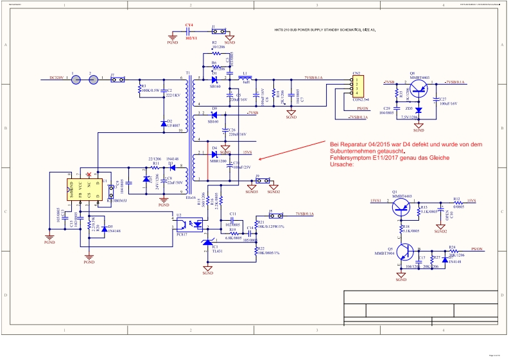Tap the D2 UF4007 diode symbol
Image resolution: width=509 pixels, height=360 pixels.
click(164, 122)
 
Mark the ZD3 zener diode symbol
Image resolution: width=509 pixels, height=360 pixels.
click(418, 110)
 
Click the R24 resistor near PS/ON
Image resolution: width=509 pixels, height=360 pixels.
click(453, 250)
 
